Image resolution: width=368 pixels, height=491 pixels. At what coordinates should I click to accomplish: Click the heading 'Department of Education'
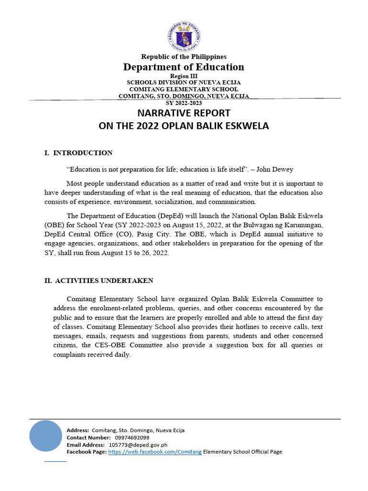pos(184,67)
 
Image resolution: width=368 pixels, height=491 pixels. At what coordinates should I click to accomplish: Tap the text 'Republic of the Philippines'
pos(184,57)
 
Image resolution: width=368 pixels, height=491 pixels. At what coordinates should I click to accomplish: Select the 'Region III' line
pos(184,76)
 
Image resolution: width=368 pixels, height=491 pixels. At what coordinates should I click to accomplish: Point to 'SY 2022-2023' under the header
pos(184,103)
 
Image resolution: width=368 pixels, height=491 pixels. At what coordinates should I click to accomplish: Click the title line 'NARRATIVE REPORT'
pos(184,114)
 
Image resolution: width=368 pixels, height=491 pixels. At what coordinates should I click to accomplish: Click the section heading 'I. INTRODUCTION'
pos(78,153)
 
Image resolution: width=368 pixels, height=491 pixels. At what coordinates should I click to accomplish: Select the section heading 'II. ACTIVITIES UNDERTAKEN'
pos(99,281)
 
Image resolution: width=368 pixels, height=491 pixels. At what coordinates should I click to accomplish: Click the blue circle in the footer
pos(46,436)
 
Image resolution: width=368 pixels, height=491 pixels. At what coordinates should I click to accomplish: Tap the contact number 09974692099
pos(132,438)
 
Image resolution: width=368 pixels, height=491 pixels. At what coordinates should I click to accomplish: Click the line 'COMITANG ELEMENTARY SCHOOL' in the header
pos(184,89)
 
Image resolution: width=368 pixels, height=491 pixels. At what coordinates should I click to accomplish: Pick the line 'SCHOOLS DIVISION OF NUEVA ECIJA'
pos(184,82)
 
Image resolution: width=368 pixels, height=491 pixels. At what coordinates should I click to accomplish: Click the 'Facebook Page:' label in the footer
pos(87,452)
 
